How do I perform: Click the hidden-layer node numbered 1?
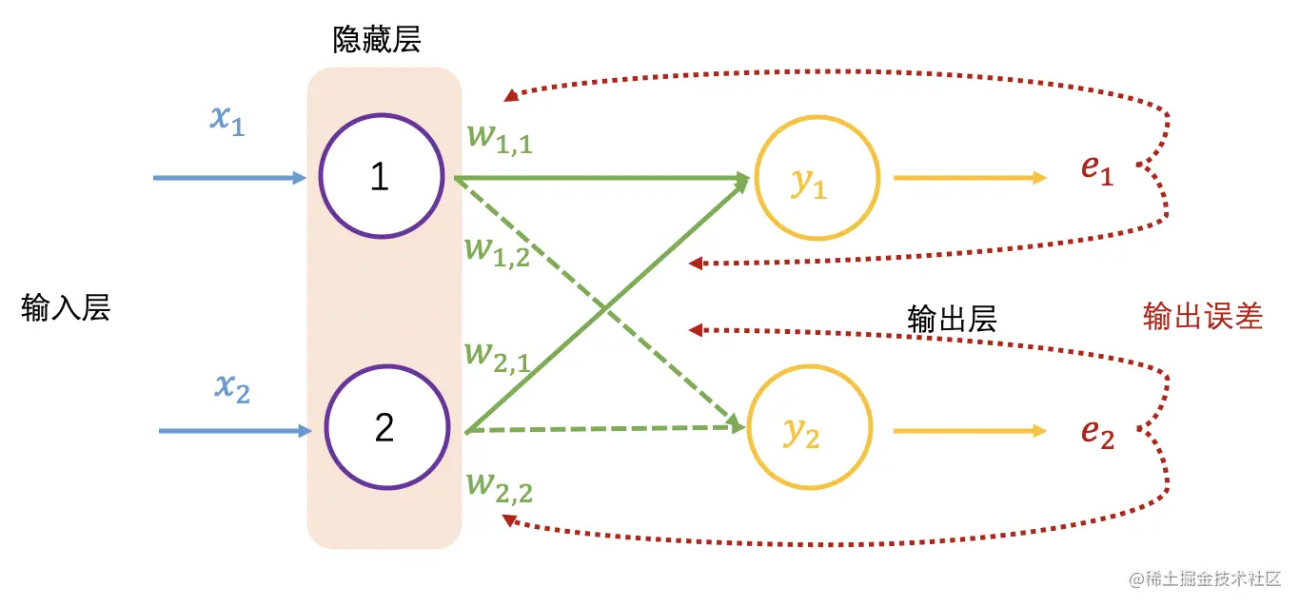[381, 177]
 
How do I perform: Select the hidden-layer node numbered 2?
[385, 428]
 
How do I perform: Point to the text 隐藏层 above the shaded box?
[377, 40]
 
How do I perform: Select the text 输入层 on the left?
[66, 308]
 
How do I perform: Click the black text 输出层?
[952, 318]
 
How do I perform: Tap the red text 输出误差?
[1202, 317]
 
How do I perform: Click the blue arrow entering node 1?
[229, 178]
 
